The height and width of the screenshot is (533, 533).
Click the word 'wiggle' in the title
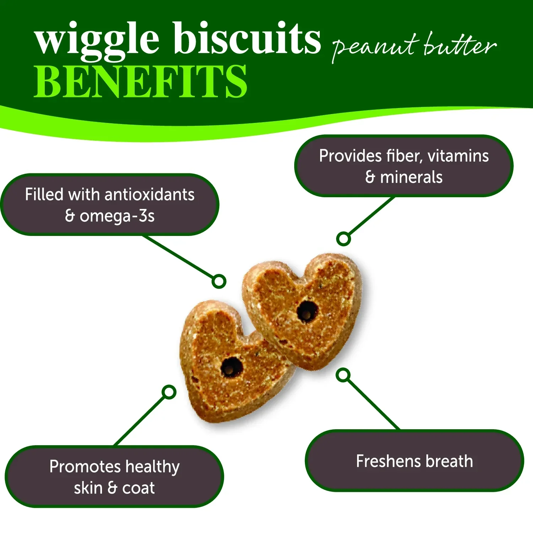(x=97, y=40)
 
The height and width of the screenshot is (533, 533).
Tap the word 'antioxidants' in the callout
(x=150, y=194)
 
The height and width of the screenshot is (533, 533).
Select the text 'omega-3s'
(x=117, y=216)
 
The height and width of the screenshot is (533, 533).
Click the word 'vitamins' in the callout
(x=458, y=156)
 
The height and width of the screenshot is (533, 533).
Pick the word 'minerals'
(x=411, y=177)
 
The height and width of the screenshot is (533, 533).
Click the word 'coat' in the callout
(x=139, y=488)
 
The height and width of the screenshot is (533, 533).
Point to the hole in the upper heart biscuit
(x=306, y=311)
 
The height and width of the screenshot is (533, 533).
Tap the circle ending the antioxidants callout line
(x=219, y=281)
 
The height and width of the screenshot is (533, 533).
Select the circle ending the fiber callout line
(x=344, y=238)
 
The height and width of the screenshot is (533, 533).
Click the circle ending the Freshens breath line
(x=343, y=375)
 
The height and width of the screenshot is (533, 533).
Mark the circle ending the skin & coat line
(x=169, y=392)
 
